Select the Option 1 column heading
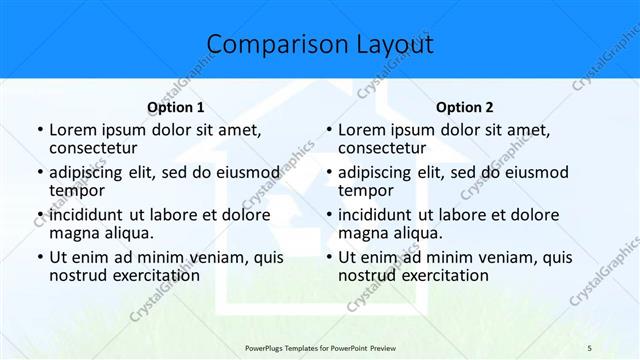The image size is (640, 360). [176, 108]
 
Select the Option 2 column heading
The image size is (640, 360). [465, 108]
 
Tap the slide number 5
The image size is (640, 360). [589, 346]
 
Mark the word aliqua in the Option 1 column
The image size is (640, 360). [129, 233]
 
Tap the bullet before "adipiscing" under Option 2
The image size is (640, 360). [328, 173]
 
